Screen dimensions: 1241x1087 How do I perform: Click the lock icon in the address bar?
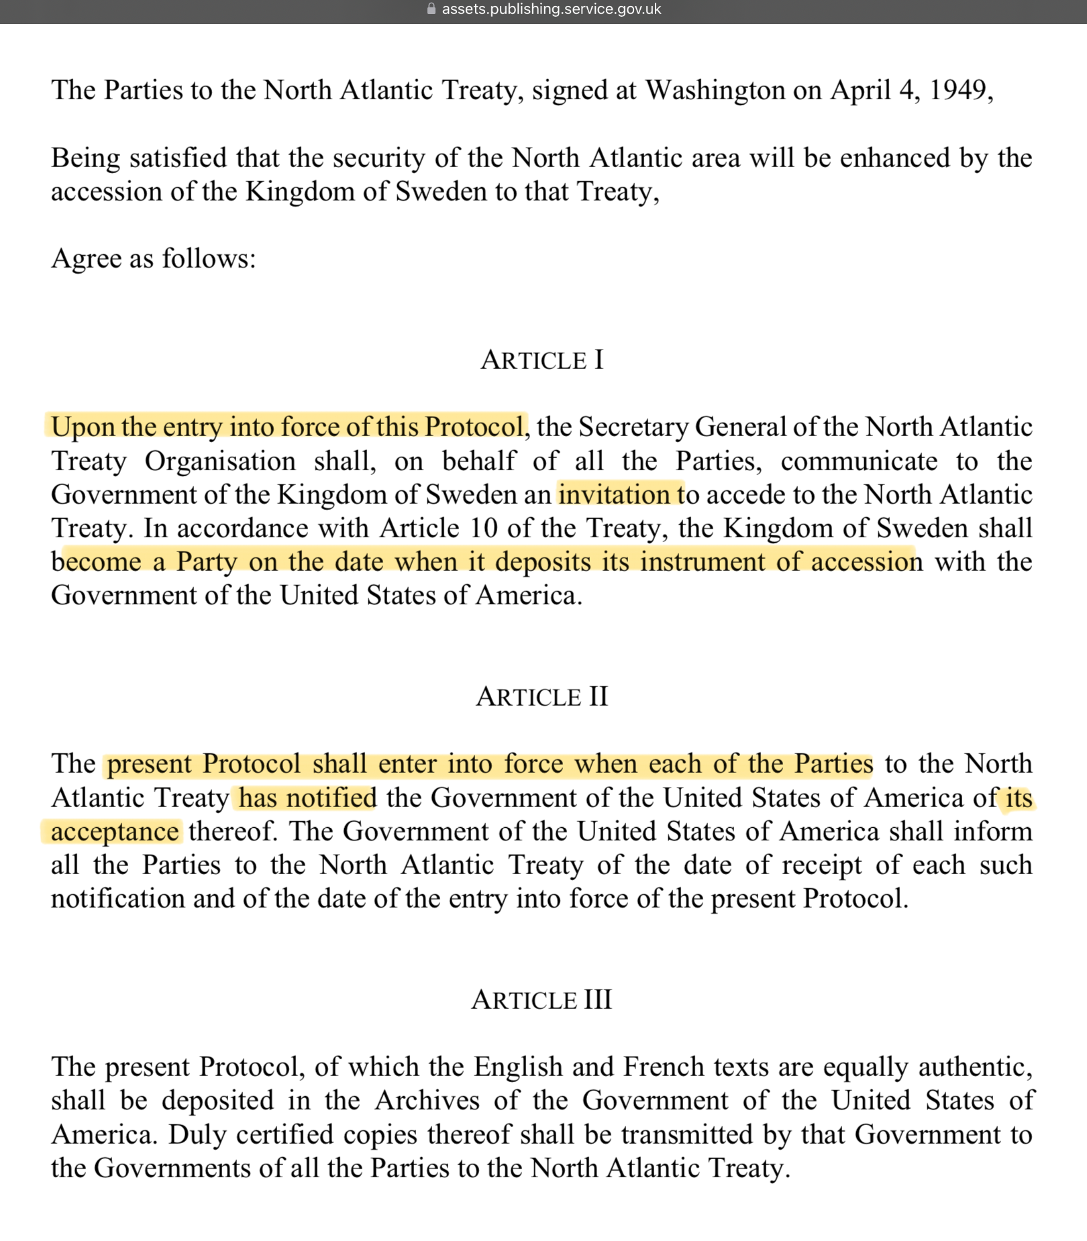(x=431, y=9)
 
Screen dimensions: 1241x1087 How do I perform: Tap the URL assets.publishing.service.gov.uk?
(x=551, y=9)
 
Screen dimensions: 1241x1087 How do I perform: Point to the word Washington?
(x=715, y=90)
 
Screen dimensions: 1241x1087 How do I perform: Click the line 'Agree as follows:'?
(x=154, y=258)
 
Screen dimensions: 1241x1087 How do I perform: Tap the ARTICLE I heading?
(x=542, y=360)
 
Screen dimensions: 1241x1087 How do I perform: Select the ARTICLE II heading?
(x=542, y=697)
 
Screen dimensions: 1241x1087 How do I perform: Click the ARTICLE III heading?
(x=542, y=1000)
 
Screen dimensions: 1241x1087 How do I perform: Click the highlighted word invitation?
(x=614, y=495)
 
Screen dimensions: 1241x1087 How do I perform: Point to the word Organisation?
(x=220, y=462)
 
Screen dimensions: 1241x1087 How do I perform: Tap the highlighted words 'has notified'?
(x=307, y=798)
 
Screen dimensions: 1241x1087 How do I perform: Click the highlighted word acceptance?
(x=115, y=832)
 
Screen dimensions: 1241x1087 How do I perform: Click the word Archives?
(x=427, y=1101)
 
